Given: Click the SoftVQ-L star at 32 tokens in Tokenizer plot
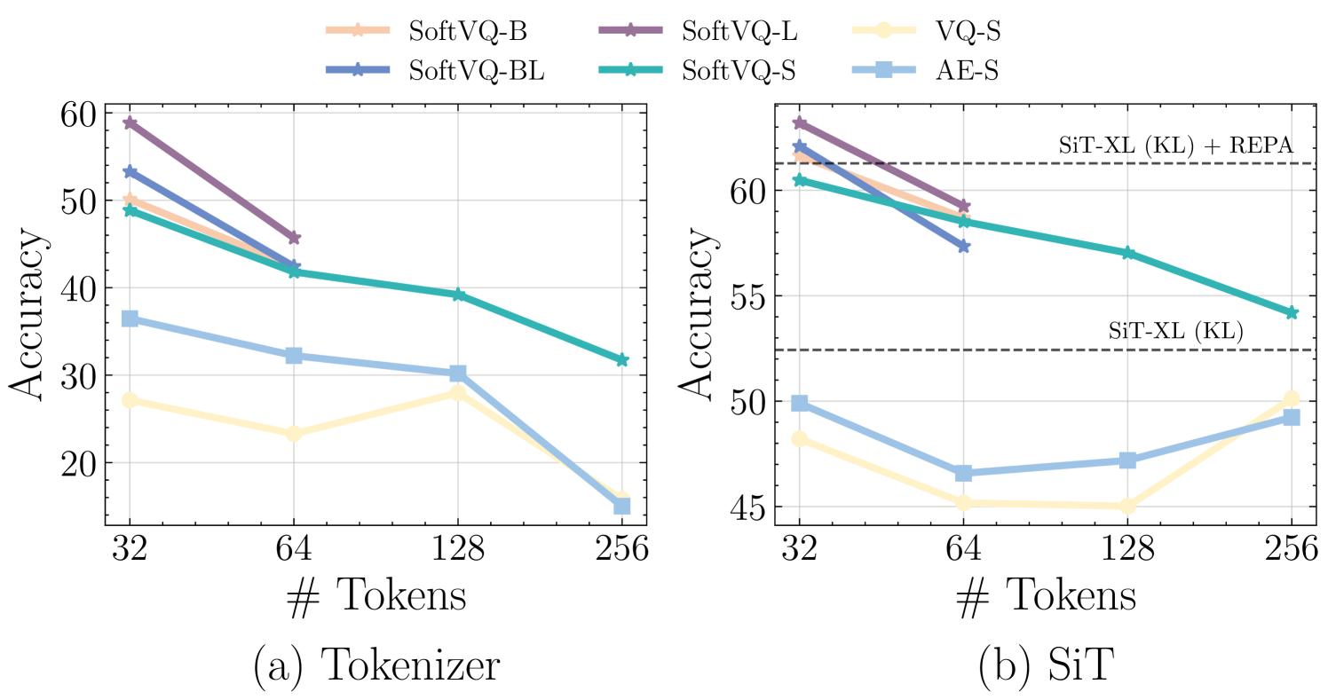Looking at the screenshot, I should click(130, 122).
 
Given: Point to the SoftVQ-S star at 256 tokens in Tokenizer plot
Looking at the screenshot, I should click(622, 359).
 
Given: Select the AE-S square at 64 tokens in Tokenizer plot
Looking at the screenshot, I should click(294, 356).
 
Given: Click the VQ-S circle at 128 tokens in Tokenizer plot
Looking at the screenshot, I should click(458, 393).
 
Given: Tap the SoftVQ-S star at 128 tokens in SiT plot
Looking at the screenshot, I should click(1127, 253).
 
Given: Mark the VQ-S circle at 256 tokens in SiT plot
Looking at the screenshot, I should click(1291, 399).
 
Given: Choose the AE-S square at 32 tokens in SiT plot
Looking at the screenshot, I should click(800, 404).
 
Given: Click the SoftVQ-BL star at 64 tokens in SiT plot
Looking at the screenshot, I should click(963, 246).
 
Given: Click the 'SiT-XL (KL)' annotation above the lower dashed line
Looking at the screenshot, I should click(1175, 332).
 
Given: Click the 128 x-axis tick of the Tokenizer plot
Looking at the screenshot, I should click(458, 552).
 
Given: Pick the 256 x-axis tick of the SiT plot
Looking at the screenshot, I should click(1291, 552).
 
